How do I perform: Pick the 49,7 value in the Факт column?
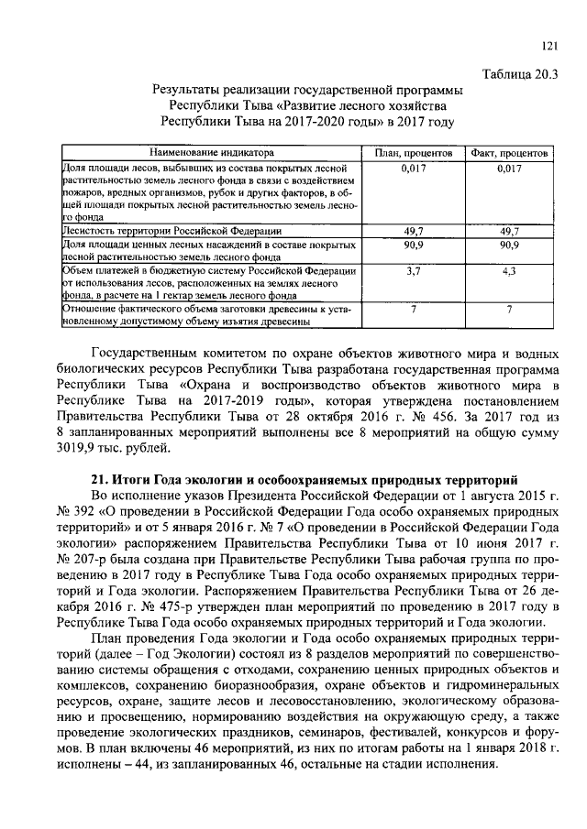coord(508,233)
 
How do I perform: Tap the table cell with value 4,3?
coord(508,272)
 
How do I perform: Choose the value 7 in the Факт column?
coord(508,310)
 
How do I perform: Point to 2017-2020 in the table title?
coord(289,120)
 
